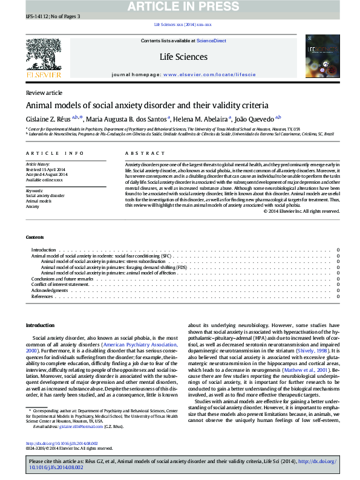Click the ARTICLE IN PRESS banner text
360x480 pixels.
pos(182,7)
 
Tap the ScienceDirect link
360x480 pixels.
pos(211,41)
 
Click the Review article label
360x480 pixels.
pos(44,92)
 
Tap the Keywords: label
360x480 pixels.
pos(34,190)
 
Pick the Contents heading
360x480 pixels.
pos(34,237)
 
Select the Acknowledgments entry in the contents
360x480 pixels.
pos(50,290)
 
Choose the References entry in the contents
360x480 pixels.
pos(42,296)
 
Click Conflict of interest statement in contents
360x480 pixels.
pos(60,284)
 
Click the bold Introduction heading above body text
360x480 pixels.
pos(40,325)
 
